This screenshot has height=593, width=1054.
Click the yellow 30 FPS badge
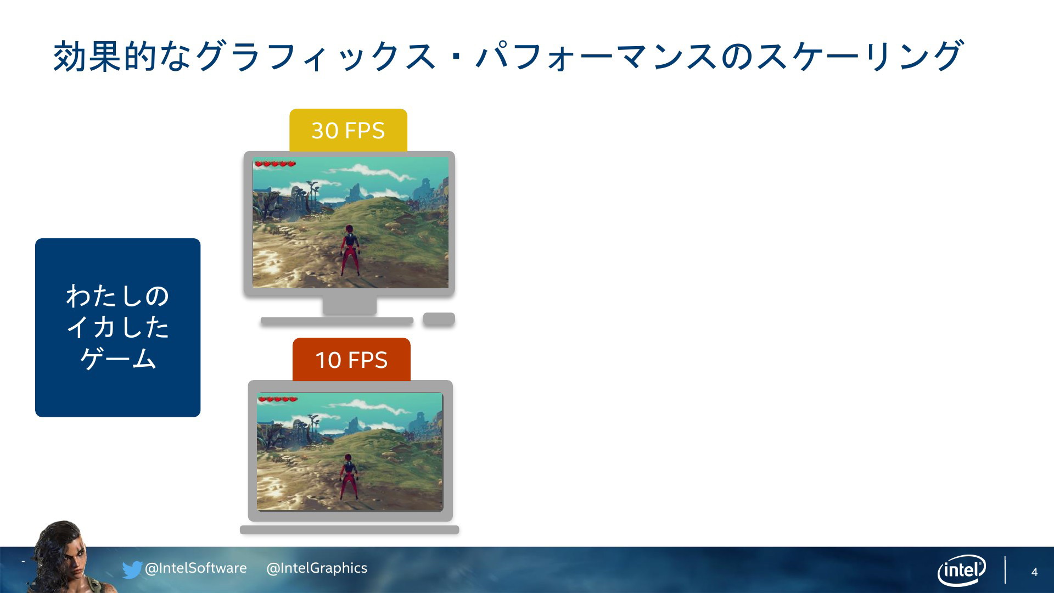click(348, 130)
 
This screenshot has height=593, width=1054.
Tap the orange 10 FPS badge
click(351, 360)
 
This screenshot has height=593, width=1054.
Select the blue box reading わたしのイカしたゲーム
click(117, 327)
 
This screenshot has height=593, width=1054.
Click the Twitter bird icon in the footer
click(132, 569)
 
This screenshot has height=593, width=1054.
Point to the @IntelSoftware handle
click(195, 568)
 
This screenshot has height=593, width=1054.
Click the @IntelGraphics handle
click(317, 568)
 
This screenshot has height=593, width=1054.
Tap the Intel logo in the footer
click(961, 570)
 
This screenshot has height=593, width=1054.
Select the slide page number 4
click(1034, 572)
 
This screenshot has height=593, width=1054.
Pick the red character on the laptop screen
click(347, 477)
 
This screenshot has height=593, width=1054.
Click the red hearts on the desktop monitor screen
click(275, 164)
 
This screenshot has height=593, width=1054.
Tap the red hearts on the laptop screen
click(278, 399)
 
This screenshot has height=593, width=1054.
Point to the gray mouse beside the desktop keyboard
click(439, 319)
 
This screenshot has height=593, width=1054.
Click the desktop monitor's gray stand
click(349, 306)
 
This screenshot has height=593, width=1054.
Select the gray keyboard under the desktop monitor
click(337, 321)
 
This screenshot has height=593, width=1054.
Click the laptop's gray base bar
click(349, 530)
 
